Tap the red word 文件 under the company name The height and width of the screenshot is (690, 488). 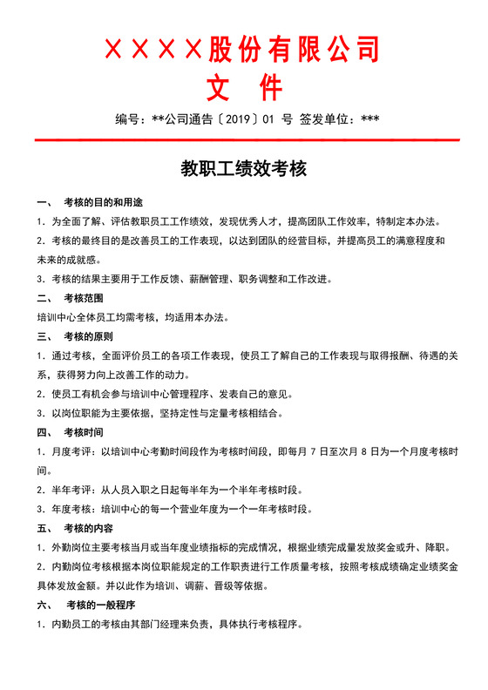[243, 87]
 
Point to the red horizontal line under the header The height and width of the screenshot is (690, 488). [243, 139]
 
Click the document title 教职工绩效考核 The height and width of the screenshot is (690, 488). [243, 168]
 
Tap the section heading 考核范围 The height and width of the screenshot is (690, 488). [83, 298]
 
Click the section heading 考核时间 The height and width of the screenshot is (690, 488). [83, 432]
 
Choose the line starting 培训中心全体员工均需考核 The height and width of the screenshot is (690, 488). [131, 317]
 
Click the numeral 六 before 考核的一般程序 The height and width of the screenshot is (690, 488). [42, 605]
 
